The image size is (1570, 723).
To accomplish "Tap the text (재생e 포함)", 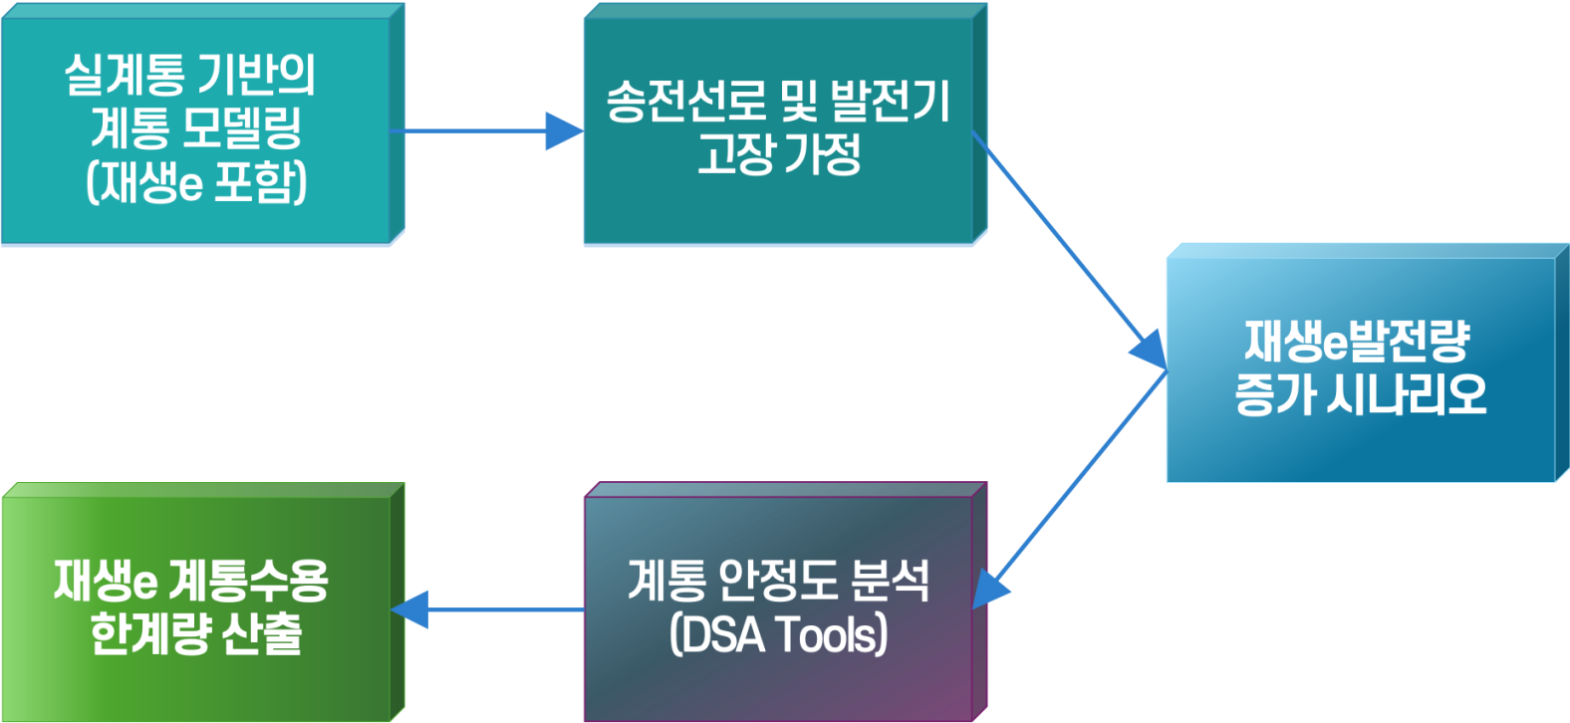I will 196,182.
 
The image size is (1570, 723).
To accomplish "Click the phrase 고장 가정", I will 778,154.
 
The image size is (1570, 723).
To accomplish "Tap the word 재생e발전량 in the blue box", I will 1357,342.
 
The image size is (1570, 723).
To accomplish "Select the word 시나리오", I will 1407,394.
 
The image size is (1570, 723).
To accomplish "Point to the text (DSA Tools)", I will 778,634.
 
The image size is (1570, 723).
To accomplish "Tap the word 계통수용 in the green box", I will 249,581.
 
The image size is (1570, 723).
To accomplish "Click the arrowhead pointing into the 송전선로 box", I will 565,130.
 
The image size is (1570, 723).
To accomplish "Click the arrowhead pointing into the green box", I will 408,609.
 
